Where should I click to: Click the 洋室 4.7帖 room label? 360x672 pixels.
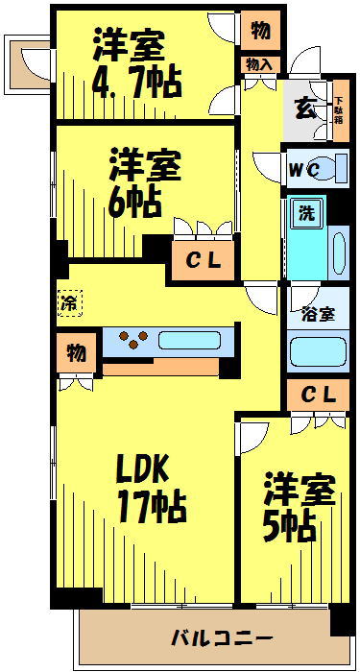(136, 62)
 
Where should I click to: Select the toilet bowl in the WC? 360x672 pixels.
(326, 169)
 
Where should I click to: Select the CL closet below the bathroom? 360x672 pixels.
(318, 395)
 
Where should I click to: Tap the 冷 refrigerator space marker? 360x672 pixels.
(69, 303)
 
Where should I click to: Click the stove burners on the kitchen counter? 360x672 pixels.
(131, 338)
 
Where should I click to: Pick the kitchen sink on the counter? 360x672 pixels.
(191, 339)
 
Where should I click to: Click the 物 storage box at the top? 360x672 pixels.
(259, 30)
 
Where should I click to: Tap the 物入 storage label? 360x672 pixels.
(259, 64)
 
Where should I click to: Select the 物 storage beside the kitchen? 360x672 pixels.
(75, 352)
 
